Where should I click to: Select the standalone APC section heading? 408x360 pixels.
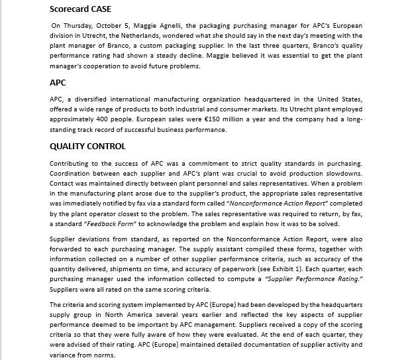click(x=59, y=84)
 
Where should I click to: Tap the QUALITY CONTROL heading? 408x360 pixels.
click(x=87, y=146)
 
